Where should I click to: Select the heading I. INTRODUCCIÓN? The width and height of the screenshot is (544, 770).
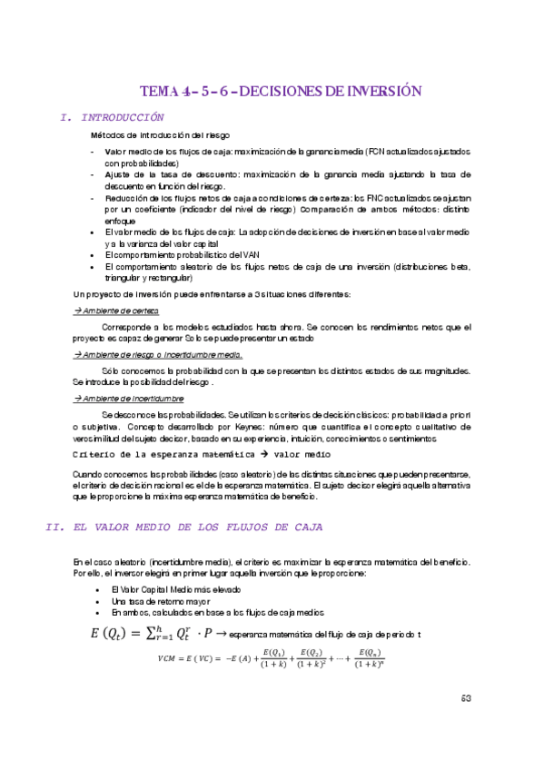(x=112, y=117)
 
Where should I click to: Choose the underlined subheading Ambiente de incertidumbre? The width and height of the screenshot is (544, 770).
(x=130, y=399)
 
